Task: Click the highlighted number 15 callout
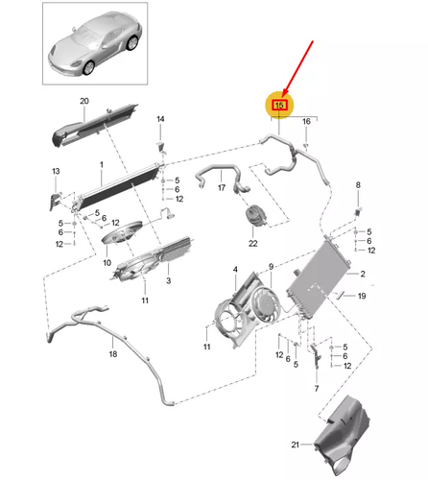coord(280,104)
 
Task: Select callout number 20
coord(83,102)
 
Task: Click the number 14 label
coord(160,118)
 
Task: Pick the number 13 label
coord(56,171)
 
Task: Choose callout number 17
coord(221,188)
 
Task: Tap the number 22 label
coord(253,243)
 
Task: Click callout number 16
coord(306,122)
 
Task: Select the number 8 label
coord(358,184)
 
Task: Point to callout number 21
coord(296,444)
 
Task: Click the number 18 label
coord(113,354)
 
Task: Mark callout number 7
coord(314,391)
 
